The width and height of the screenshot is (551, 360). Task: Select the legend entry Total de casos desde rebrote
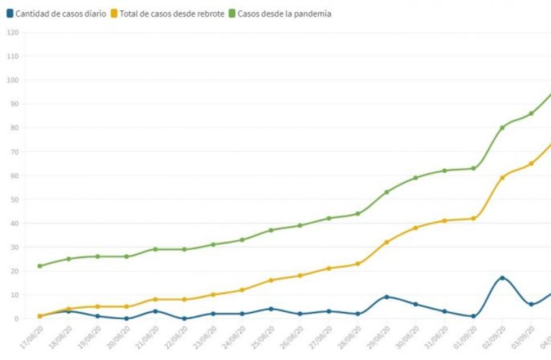[171, 14]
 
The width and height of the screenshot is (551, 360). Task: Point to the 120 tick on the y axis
[13, 33]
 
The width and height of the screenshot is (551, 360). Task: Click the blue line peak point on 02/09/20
[502, 278]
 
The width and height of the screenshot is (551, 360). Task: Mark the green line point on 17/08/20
[39, 266]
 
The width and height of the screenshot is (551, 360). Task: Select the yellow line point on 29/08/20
[386, 242]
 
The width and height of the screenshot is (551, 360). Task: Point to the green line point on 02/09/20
[502, 128]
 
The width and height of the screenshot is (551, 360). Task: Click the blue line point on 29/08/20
[386, 297]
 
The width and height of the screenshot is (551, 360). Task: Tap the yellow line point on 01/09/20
[473, 218]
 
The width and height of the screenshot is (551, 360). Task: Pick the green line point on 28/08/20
[358, 214]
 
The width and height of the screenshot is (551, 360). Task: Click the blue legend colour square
[10, 14]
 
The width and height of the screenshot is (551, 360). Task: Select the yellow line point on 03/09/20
[531, 164]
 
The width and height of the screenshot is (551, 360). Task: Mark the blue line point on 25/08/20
[270, 309]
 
